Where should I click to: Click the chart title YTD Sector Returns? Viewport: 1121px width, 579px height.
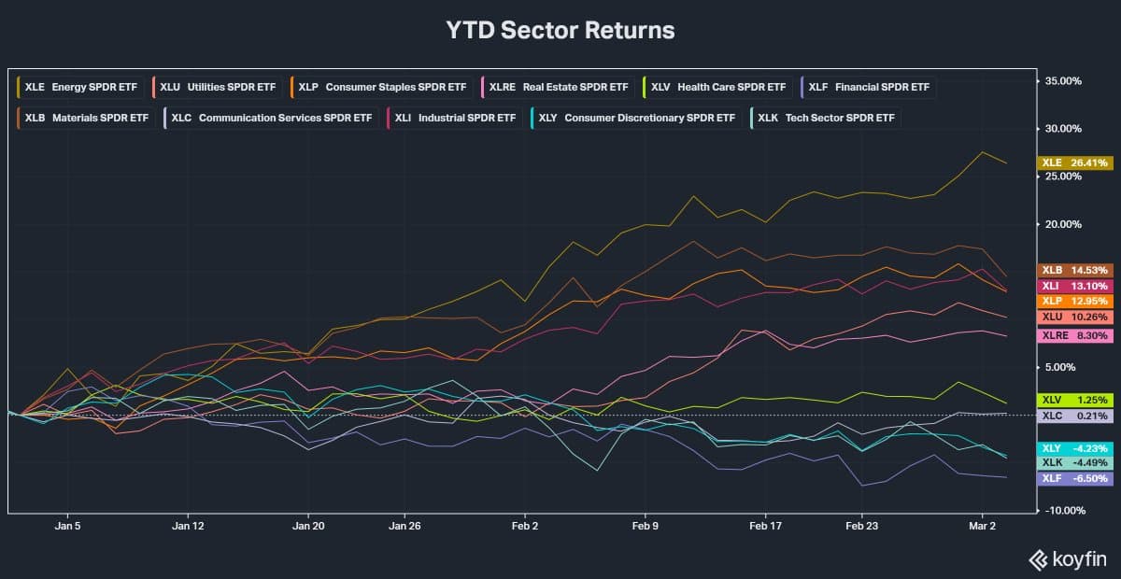tap(560, 30)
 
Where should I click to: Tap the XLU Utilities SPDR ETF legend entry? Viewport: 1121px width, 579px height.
tap(218, 87)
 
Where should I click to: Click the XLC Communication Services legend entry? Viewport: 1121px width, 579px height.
tap(271, 118)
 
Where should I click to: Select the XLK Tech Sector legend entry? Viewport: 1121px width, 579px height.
tap(825, 118)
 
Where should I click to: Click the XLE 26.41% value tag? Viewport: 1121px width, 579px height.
tap(1075, 162)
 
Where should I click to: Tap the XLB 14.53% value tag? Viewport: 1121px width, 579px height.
tap(1075, 269)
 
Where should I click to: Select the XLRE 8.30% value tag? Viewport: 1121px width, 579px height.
tap(1075, 334)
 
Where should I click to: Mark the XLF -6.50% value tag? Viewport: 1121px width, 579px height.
tap(1075, 478)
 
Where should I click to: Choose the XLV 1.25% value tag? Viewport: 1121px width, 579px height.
tap(1075, 400)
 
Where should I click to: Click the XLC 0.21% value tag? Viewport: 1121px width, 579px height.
tap(1075, 416)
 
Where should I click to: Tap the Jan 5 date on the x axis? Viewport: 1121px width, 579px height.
tap(68, 526)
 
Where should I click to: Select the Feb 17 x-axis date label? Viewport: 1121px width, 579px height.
tap(765, 526)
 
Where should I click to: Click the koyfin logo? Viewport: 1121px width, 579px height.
tap(1068, 559)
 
